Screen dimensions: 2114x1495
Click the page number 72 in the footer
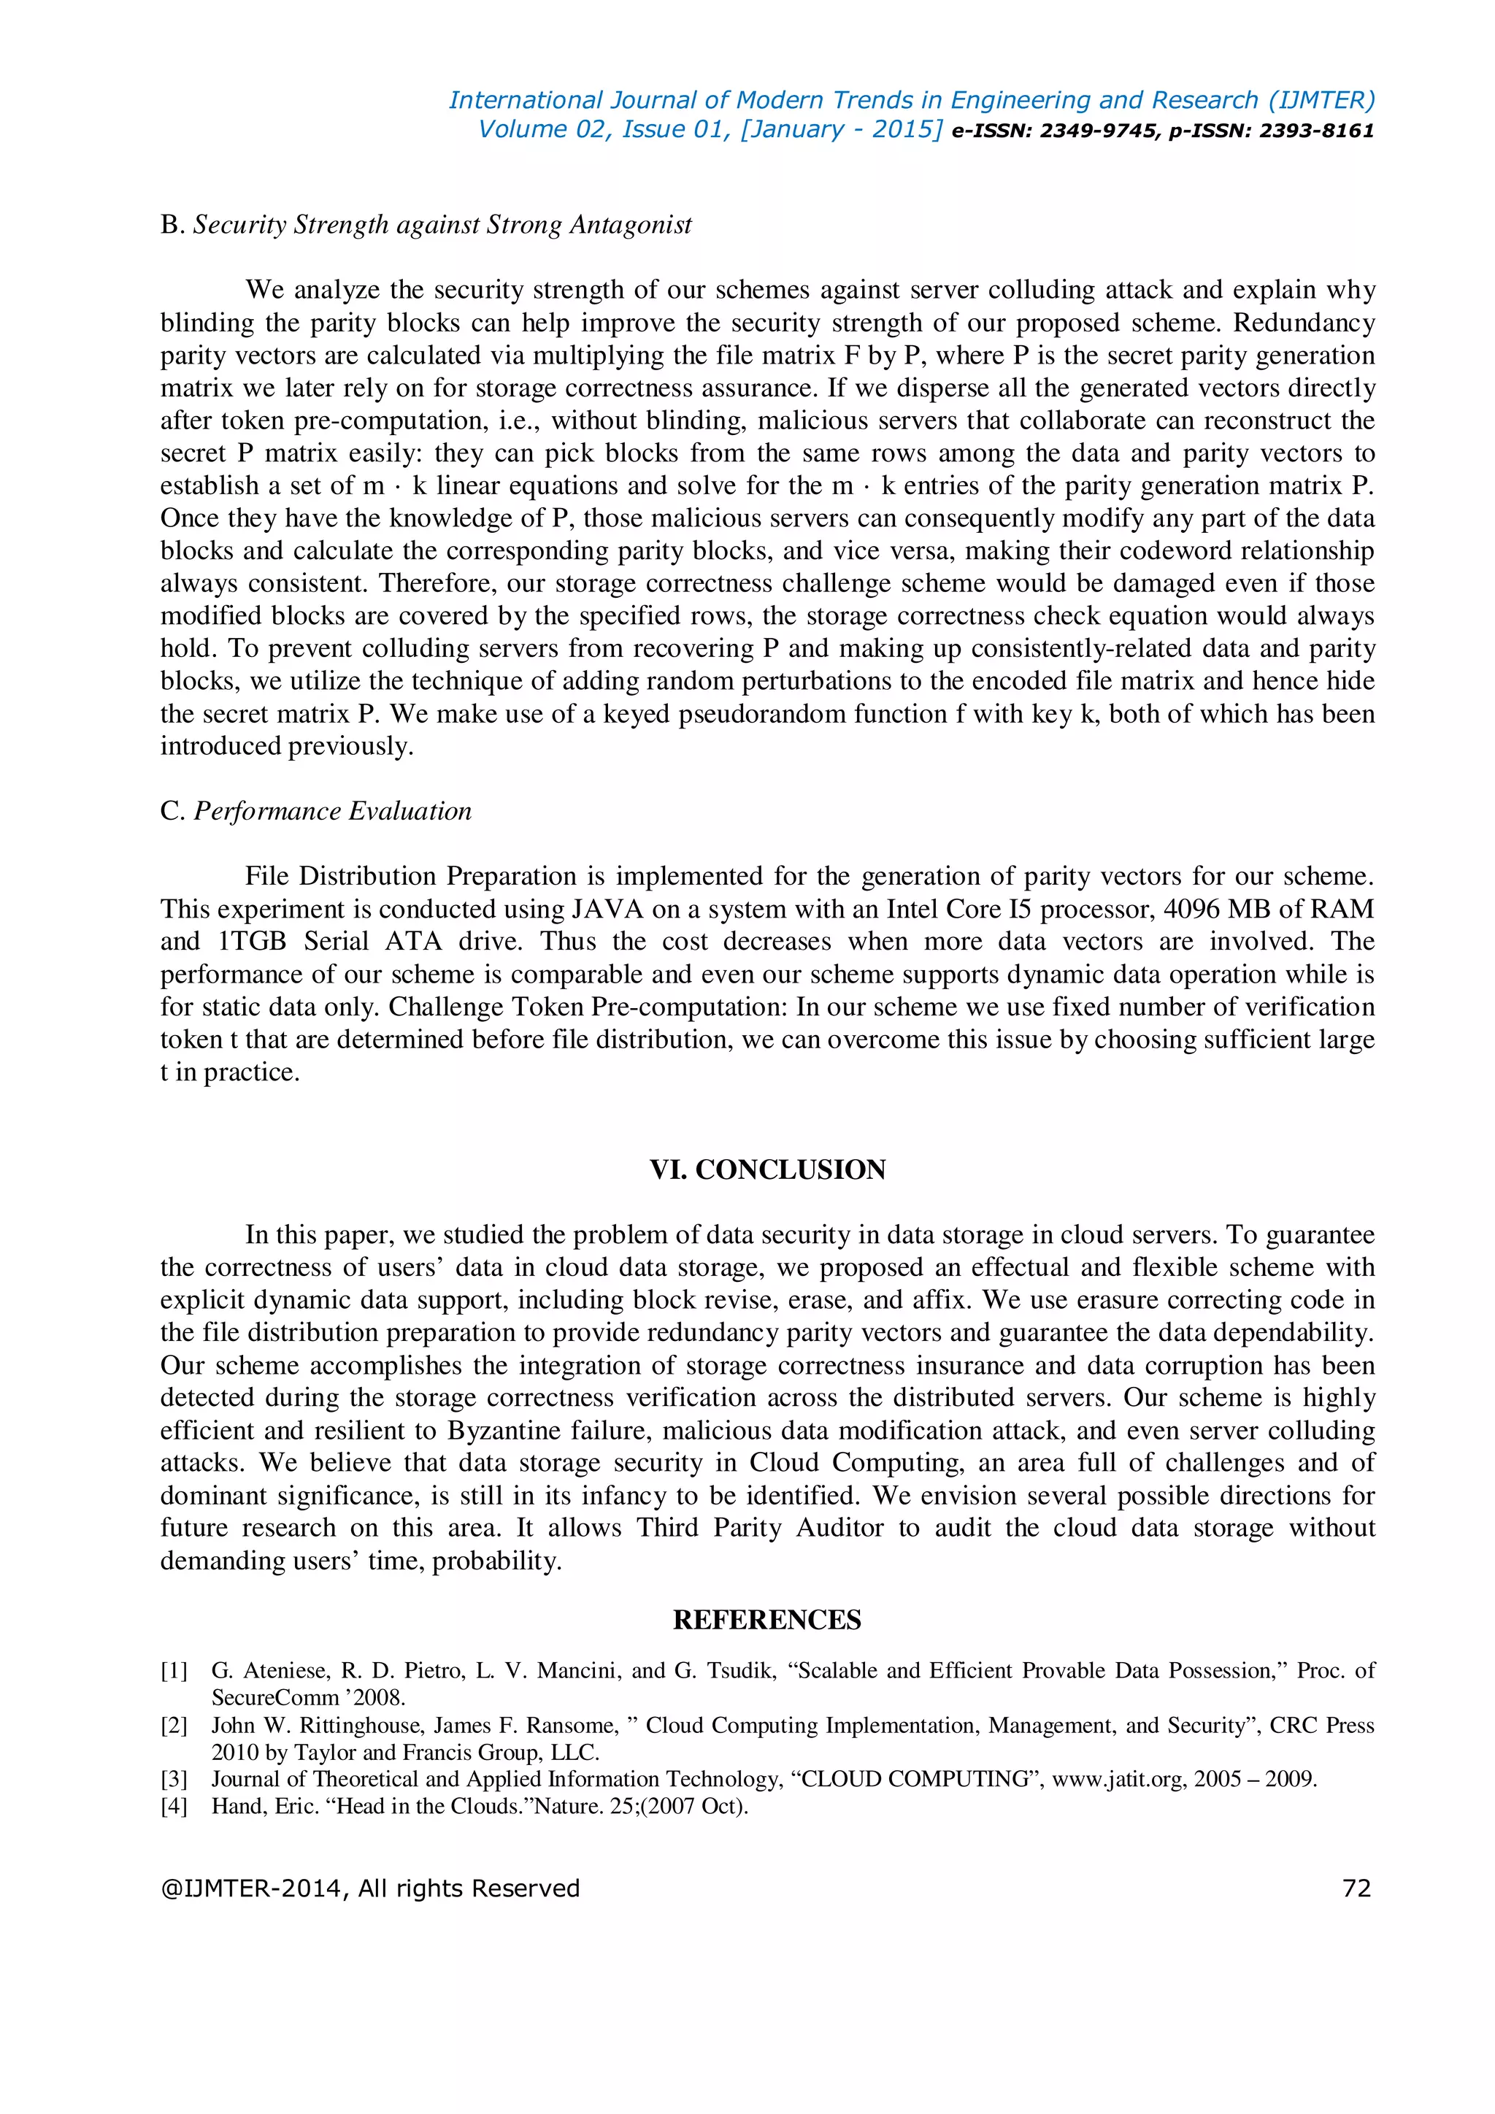coord(1357,1888)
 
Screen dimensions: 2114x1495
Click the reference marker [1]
coord(174,1671)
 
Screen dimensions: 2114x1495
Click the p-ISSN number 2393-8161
coord(1316,131)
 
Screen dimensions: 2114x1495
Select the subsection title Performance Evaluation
coord(332,811)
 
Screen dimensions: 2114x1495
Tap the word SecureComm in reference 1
coord(275,1698)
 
